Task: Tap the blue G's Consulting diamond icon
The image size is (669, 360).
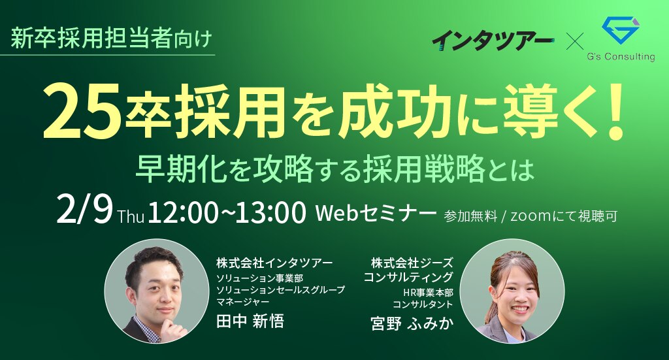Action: pyautogui.click(x=621, y=31)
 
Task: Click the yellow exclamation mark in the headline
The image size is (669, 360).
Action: pyautogui.click(x=615, y=112)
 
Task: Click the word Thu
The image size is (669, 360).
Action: pyautogui.click(x=131, y=216)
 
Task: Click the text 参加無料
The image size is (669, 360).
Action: pyautogui.click(x=470, y=216)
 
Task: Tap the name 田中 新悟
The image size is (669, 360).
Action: pyautogui.click(x=250, y=321)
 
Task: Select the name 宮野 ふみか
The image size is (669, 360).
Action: pyautogui.click(x=412, y=323)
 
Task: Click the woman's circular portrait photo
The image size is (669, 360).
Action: pyautogui.click(x=512, y=291)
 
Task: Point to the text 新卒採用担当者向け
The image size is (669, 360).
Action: pyautogui.click(x=111, y=39)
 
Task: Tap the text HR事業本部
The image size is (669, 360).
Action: pyautogui.click(x=428, y=293)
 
